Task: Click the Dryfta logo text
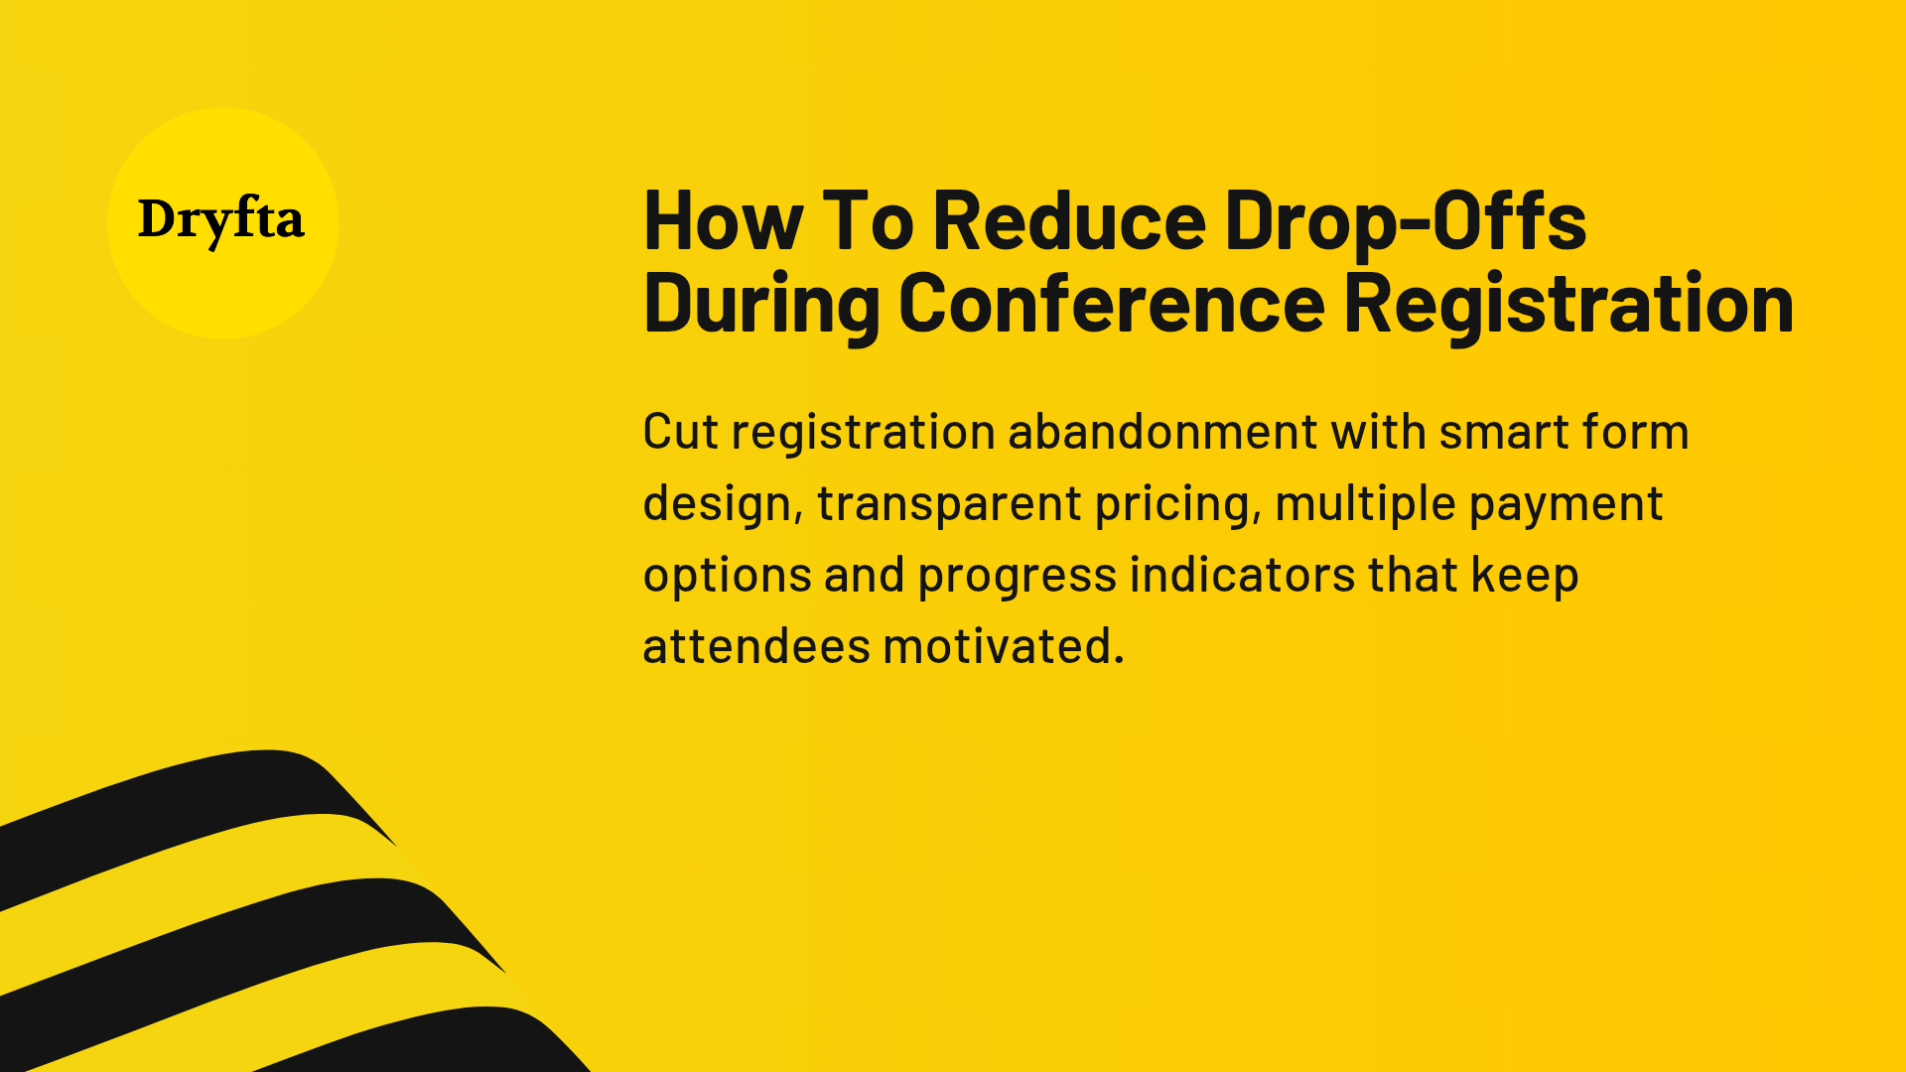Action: tap(221, 220)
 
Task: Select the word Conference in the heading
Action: tap(1112, 303)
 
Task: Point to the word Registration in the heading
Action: tap(1568, 303)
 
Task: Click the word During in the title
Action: tap(761, 303)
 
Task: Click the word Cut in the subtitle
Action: tap(680, 432)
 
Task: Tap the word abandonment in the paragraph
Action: tap(1162, 432)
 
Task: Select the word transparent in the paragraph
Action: tap(948, 504)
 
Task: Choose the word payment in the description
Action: tap(1566, 504)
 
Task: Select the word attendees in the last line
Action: tap(756, 646)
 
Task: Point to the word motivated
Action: tap(1003, 646)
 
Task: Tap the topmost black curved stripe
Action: tap(199, 804)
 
